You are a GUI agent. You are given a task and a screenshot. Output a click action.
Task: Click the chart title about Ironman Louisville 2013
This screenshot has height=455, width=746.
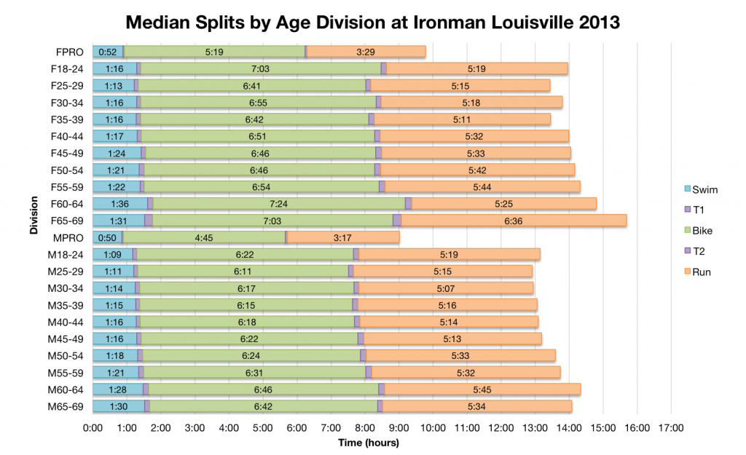pos(373,22)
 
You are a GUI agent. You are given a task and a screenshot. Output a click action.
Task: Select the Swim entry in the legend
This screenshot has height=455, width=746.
pos(699,190)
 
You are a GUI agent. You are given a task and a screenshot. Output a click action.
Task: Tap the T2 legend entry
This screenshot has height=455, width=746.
pos(699,251)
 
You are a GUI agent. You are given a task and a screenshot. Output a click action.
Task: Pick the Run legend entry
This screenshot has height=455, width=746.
pos(699,272)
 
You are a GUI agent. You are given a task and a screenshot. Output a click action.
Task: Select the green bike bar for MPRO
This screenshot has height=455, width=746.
pos(204,237)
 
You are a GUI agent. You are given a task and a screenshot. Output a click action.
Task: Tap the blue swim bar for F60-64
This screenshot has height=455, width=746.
pos(119,204)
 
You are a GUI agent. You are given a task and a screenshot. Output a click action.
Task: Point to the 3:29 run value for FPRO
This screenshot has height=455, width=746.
pos(366,52)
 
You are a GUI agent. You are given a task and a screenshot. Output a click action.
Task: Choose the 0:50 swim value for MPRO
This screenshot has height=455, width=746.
pos(107,237)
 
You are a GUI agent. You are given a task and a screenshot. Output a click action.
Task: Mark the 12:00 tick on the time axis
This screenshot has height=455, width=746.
pos(501,427)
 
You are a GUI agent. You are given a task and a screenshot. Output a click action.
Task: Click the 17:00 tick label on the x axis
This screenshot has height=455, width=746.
pos(671,427)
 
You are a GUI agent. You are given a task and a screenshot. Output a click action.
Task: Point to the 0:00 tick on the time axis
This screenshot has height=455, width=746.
pos(93,427)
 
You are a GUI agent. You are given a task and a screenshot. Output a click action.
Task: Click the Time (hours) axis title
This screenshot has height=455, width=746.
pos(369,442)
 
